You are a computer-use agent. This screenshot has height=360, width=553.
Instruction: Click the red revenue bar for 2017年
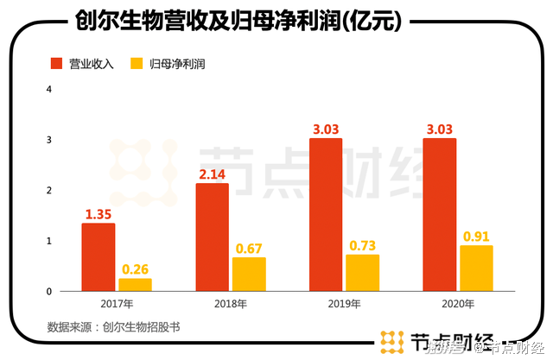(99, 257)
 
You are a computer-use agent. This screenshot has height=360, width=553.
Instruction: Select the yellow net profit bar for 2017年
(135, 284)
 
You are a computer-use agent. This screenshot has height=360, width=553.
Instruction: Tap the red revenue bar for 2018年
(213, 237)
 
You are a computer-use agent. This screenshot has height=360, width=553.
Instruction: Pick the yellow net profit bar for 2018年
(249, 274)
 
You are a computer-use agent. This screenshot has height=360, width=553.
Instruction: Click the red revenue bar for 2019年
(327, 215)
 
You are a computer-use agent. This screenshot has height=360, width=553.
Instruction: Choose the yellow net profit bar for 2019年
(363, 273)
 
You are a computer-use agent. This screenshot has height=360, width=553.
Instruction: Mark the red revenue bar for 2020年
(440, 215)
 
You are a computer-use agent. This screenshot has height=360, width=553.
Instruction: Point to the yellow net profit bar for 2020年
(476, 268)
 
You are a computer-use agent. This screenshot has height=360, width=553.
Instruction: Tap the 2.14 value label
(213, 174)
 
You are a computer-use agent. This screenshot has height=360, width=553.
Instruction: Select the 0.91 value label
(476, 236)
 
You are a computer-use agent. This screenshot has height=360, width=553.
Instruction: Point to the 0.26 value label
(135, 268)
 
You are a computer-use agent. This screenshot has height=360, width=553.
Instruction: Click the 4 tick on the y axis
(50, 90)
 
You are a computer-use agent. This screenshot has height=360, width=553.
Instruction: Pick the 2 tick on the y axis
(50, 191)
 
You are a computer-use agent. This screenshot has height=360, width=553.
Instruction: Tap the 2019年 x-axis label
(344, 304)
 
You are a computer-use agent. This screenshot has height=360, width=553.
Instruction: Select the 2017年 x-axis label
(117, 304)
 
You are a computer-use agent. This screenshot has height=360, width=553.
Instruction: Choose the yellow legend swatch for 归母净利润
(136, 64)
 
